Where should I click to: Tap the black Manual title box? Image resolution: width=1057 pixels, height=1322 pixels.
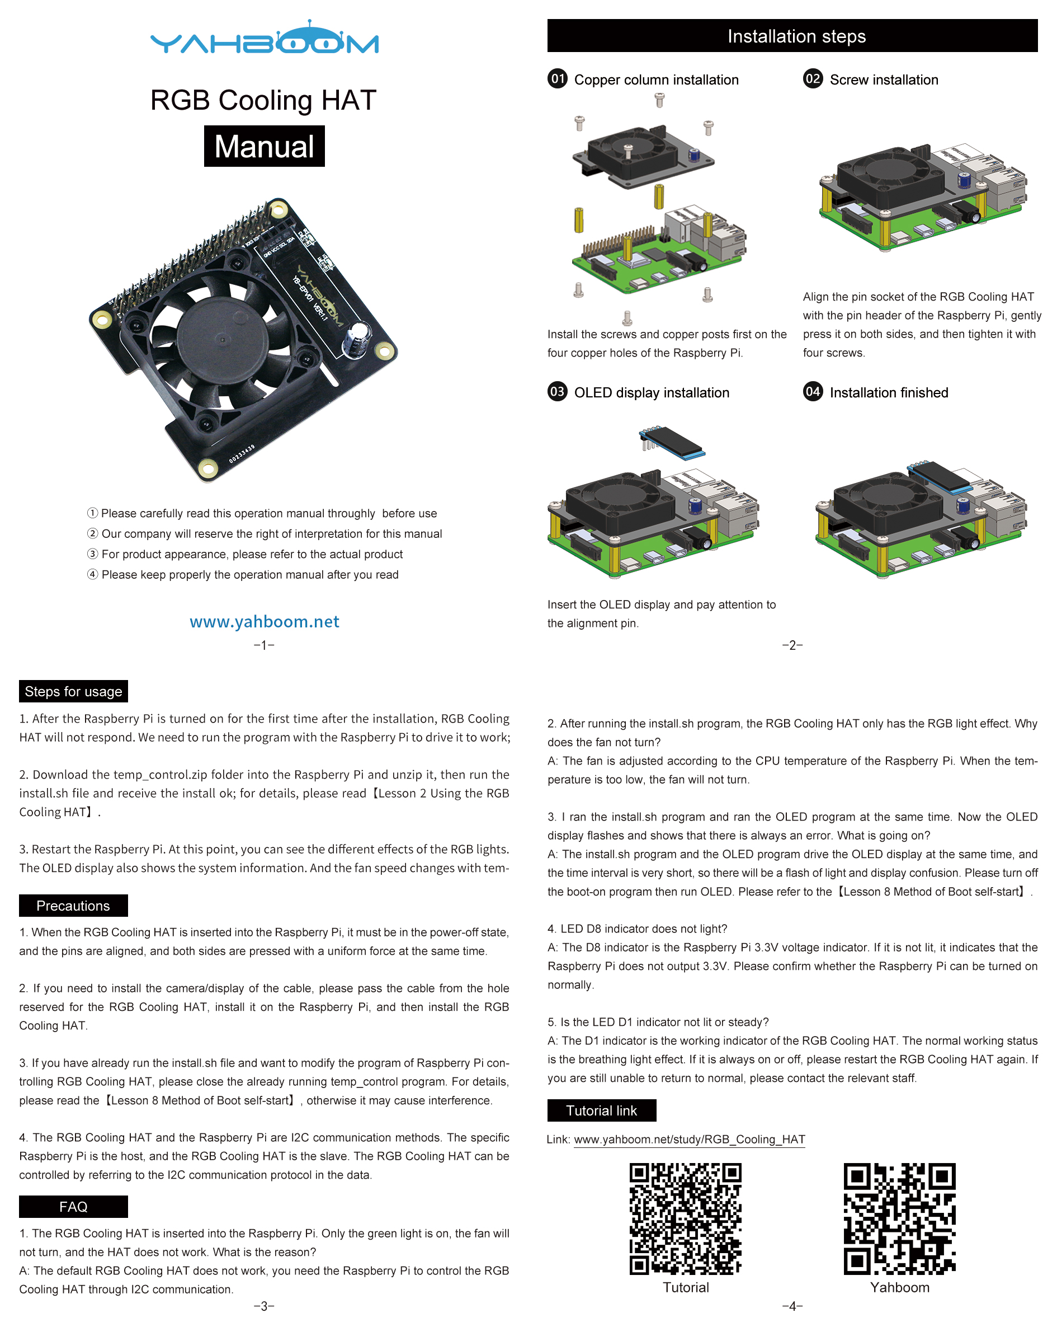click(x=264, y=147)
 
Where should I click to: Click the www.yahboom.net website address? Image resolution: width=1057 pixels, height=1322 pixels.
click(x=264, y=622)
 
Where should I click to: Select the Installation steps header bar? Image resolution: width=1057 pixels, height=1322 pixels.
click(x=792, y=36)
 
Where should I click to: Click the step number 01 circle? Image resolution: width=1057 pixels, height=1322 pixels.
click(x=557, y=79)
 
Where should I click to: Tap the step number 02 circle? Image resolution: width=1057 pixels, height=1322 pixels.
click(x=813, y=79)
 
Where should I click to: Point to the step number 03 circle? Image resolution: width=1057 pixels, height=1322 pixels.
click(x=557, y=392)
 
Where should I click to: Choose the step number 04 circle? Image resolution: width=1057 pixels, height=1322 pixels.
click(x=813, y=392)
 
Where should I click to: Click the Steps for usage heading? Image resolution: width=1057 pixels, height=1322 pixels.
click(x=73, y=692)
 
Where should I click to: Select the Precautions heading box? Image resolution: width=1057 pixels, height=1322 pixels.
click(x=73, y=906)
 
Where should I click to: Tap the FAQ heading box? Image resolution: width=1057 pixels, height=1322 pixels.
click(x=73, y=1207)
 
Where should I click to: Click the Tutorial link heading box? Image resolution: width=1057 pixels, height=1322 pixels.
click(x=601, y=1110)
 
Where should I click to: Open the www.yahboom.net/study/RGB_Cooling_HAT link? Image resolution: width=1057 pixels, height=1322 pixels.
click(x=689, y=1140)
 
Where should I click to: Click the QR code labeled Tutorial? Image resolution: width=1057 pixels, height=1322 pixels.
click(x=685, y=1218)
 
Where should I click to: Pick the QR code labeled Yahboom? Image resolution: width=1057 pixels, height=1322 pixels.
click(x=899, y=1218)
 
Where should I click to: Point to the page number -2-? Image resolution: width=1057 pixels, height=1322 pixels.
click(x=792, y=645)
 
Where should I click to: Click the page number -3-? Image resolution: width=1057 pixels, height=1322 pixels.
click(x=264, y=1306)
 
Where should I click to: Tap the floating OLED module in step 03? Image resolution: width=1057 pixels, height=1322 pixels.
click(x=673, y=442)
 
